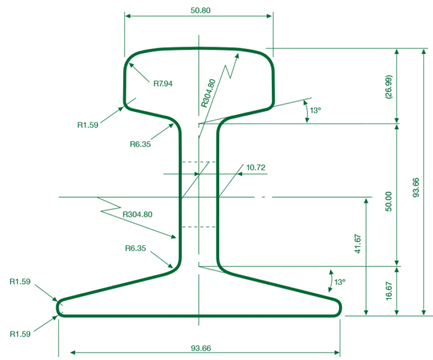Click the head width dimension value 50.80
tap(201, 10)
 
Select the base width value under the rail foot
tap(200, 348)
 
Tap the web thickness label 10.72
tap(255, 167)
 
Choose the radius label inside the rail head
tap(163, 84)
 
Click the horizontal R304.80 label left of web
tap(138, 214)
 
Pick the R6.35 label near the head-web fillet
tap(140, 144)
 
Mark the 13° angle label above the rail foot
tap(339, 282)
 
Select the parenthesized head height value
tap(388, 86)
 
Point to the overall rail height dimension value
tap(416, 187)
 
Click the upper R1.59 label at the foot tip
tap(21, 280)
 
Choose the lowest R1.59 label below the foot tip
tap(21, 333)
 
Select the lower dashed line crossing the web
tap(197, 227)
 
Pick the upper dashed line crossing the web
tap(197, 162)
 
